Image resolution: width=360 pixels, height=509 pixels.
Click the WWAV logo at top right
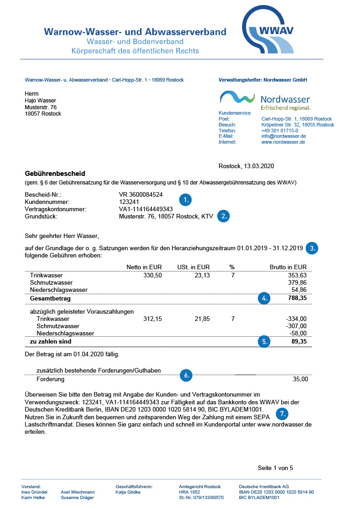[268, 31]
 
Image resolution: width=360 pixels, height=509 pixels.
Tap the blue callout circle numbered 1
[185, 199]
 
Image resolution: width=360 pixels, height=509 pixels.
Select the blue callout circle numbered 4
[263, 298]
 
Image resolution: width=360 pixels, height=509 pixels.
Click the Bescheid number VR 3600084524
[141, 194]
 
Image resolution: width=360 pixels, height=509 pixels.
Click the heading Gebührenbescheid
[54, 174]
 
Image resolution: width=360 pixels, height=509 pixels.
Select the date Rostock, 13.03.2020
[246, 166]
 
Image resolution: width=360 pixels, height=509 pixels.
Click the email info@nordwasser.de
[283, 136]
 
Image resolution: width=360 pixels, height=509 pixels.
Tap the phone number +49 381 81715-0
[280, 131]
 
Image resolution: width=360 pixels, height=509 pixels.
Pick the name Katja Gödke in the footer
[128, 492]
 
